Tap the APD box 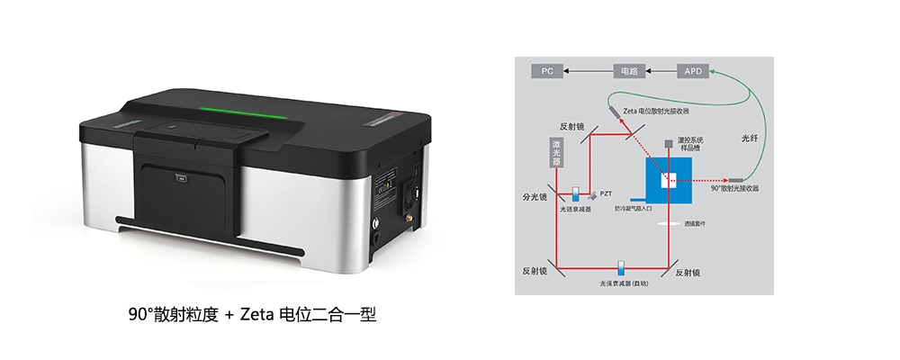click(693, 70)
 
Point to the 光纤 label click(750, 139)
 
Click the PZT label click(607, 193)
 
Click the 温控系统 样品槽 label click(691, 146)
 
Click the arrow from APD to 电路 click(661, 70)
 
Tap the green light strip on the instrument click(242, 112)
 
